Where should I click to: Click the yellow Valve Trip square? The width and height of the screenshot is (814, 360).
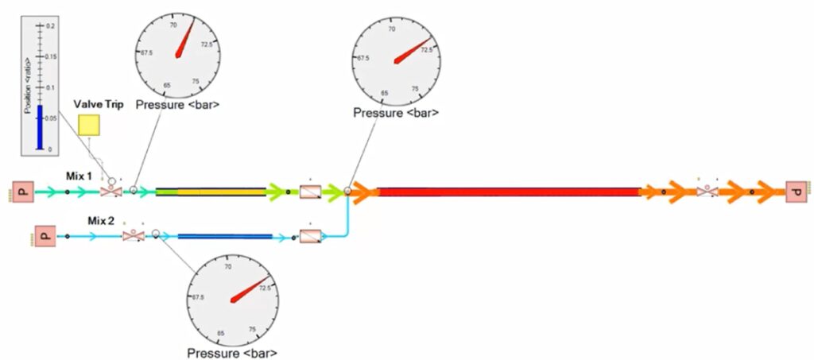click(89, 126)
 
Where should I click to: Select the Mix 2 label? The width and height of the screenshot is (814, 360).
click(99, 223)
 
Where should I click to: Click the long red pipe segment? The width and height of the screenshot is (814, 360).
click(509, 192)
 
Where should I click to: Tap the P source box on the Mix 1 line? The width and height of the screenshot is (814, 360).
click(22, 192)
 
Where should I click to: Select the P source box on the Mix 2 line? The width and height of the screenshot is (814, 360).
click(45, 236)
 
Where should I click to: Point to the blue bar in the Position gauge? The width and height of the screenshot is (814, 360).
click(39, 127)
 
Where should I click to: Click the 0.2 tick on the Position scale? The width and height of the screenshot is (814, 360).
click(48, 26)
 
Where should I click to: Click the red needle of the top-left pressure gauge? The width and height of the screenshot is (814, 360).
click(185, 40)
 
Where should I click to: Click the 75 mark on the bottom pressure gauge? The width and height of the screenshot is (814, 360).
click(252, 329)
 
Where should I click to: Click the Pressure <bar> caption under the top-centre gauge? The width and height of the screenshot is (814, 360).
click(395, 114)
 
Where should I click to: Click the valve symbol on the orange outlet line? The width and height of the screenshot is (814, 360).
click(704, 192)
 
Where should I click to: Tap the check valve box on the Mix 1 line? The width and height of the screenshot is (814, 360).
click(309, 192)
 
